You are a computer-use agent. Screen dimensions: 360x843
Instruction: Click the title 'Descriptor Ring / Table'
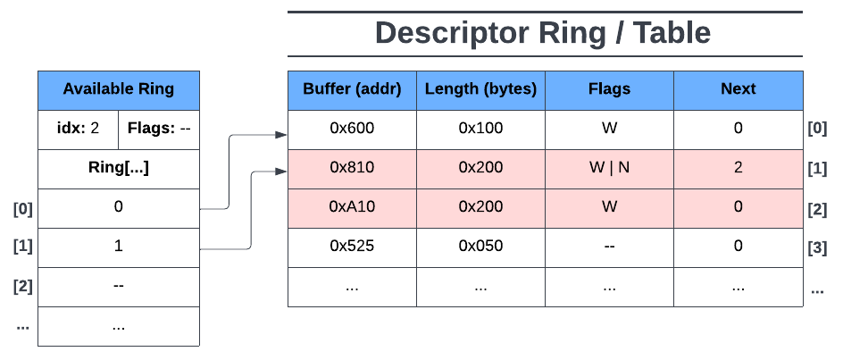(x=543, y=33)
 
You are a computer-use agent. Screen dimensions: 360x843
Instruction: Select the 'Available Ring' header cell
(x=119, y=89)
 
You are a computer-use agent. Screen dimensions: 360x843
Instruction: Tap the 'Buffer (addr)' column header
(x=352, y=89)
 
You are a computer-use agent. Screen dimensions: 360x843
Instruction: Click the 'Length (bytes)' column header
(x=480, y=89)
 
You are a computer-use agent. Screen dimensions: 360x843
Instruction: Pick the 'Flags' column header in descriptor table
(x=609, y=89)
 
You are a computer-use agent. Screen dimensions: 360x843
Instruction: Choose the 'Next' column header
(x=738, y=89)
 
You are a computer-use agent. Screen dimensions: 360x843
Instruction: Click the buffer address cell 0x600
(x=352, y=129)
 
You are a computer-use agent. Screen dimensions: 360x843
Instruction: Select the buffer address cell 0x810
(x=352, y=168)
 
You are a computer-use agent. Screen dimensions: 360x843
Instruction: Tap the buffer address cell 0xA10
(x=352, y=207)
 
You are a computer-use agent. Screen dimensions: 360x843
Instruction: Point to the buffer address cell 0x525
(x=352, y=247)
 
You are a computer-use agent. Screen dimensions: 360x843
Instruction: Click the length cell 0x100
(x=480, y=129)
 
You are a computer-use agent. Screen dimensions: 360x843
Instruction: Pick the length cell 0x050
(x=480, y=247)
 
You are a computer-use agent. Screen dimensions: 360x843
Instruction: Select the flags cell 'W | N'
(x=609, y=168)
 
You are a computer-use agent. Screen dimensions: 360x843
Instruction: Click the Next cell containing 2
(x=738, y=168)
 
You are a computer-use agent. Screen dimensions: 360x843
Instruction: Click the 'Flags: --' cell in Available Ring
(x=159, y=129)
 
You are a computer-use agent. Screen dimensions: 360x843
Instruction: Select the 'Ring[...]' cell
(x=119, y=168)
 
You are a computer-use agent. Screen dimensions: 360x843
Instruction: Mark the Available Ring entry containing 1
(x=119, y=247)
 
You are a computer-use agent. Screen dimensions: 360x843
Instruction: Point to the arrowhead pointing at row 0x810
(x=281, y=173)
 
